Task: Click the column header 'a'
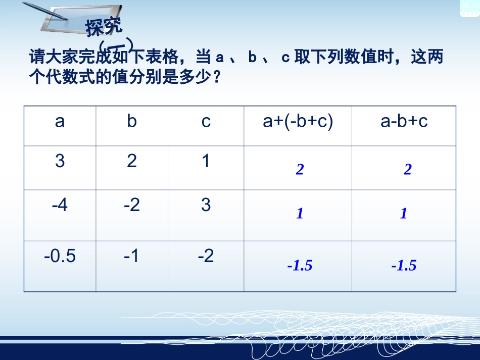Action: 60,122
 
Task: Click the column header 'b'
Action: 132,122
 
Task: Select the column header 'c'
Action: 206,122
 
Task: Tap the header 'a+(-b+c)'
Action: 298,122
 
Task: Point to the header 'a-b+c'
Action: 404,122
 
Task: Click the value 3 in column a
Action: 60,161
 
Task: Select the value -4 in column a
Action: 60,205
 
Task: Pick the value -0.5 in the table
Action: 60,256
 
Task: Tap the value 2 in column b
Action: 132,161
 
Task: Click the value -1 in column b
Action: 132,256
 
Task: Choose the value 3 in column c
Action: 206,205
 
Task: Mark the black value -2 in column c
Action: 206,256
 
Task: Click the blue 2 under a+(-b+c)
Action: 300,170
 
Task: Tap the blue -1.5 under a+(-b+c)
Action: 300,266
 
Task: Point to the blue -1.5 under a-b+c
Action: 404,266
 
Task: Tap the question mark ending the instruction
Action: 217,78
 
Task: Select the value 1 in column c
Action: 206,161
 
